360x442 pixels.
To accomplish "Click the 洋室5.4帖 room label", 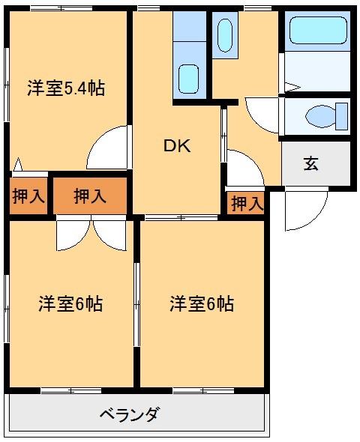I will click(66, 88).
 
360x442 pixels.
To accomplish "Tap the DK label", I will click(178, 146).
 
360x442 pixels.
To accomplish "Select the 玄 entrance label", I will click(310, 163).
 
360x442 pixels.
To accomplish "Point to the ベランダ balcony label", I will click(129, 414).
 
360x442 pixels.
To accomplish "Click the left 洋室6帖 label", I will click(70, 304).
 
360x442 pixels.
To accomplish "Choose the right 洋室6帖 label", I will click(201, 304).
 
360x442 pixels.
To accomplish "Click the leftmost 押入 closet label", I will click(28, 196).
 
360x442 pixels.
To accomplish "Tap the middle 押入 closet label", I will click(89, 196).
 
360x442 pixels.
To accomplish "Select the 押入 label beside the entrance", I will click(247, 203).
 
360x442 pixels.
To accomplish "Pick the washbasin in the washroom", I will click(224, 34).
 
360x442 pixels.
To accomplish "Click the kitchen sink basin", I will click(189, 77).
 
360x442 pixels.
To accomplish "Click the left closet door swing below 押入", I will click(74, 234).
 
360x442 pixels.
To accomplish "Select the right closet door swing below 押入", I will click(109, 234).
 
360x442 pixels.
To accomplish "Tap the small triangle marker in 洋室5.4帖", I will click(17, 163).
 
